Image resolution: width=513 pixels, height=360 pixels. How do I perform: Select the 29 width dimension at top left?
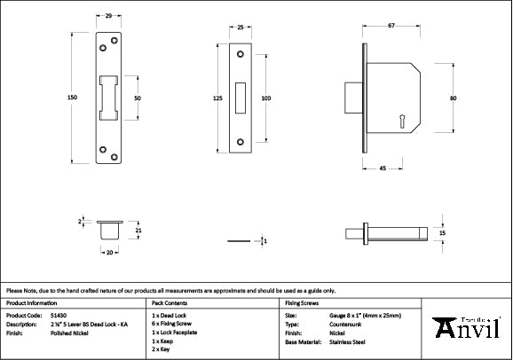tap(108, 17)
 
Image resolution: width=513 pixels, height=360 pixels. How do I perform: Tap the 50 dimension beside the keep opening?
tap(138, 98)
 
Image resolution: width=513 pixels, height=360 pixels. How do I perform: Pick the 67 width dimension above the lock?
tap(391, 27)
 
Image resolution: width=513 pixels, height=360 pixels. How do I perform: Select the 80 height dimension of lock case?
tap(453, 98)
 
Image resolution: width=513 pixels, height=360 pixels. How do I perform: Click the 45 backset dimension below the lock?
tap(382, 168)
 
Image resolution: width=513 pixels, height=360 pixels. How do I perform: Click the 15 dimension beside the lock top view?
tap(442, 232)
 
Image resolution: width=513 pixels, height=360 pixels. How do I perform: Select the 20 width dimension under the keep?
tap(110, 253)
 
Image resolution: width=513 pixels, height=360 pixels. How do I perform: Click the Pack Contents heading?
tap(170, 302)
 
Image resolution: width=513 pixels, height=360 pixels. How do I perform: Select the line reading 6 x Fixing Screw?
tap(173, 324)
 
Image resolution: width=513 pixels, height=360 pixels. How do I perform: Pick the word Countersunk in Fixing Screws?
tap(345, 324)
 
